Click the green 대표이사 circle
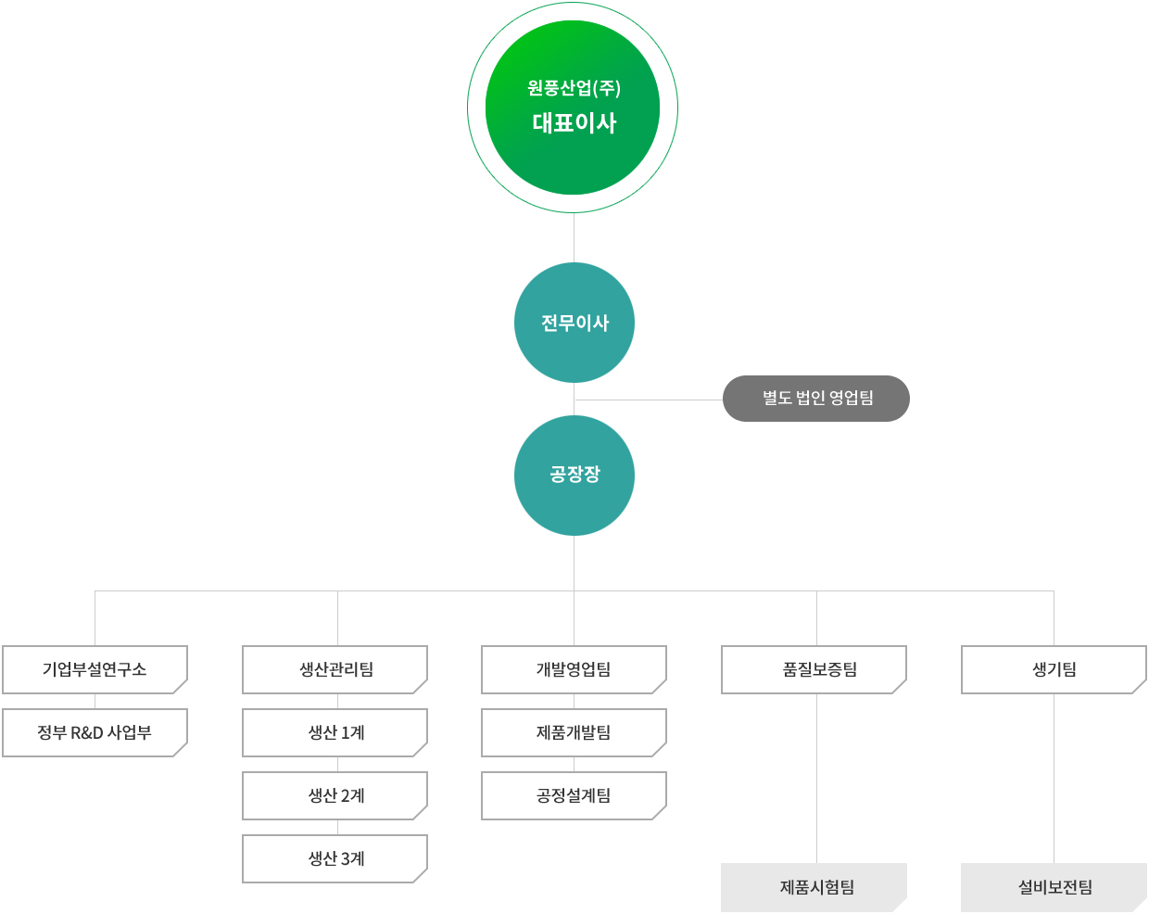(x=573, y=108)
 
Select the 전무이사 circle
(x=574, y=323)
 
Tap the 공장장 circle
(x=574, y=476)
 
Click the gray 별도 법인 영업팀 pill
(x=815, y=399)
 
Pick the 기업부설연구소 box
(x=95, y=669)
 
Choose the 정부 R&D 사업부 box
(x=95, y=732)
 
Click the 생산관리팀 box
(x=335, y=669)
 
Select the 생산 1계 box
(x=335, y=732)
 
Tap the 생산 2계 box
(x=335, y=795)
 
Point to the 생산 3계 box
(x=335, y=858)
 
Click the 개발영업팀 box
(x=574, y=669)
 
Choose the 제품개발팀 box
(x=574, y=732)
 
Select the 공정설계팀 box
(x=574, y=795)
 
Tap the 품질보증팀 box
(x=814, y=669)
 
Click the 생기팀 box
(x=1054, y=669)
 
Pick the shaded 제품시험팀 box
(x=814, y=887)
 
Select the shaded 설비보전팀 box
(x=1054, y=887)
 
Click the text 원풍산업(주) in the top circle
(x=574, y=88)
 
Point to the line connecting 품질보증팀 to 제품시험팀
(x=816, y=779)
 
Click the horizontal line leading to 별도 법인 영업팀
(x=649, y=400)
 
